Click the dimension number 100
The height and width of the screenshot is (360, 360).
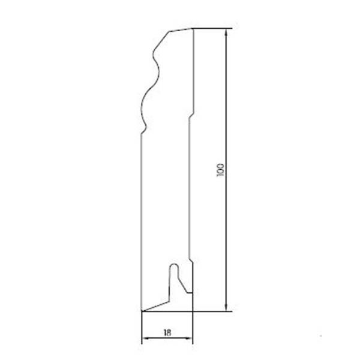pyautogui.click(x=220, y=170)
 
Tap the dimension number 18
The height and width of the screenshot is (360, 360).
pyautogui.click(x=167, y=332)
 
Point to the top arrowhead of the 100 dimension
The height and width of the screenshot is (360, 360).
pyautogui.click(x=226, y=32)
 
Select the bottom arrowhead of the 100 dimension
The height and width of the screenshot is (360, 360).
pyautogui.click(x=226, y=307)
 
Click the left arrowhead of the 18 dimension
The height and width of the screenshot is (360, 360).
pyautogui.click(x=146, y=338)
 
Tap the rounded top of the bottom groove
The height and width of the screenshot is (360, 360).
pyautogui.click(x=174, y=265)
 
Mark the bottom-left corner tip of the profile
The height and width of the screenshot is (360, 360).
pyautogui.click(x=142, y=311)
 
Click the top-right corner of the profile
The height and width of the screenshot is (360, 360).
pyautogui.click(x=193, y=28)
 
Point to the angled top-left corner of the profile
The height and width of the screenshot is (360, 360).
pyautogui.click(x=170, y=31)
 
